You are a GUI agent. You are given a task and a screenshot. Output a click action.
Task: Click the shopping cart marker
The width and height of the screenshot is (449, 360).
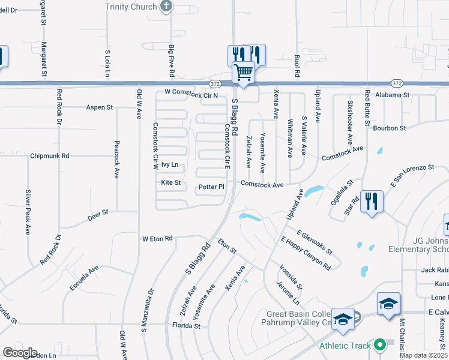[244, 72]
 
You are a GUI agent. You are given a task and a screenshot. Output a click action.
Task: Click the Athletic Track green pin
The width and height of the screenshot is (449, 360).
[379, 346]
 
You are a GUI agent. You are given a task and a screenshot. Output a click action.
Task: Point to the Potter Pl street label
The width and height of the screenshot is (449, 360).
[211, 187]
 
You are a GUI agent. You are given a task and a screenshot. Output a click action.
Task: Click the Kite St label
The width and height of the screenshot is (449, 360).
[170, 182]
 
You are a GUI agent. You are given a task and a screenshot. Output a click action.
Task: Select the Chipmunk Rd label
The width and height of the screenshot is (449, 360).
[50, 156]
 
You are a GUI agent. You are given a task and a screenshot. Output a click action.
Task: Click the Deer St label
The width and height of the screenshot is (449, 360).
[97, 212]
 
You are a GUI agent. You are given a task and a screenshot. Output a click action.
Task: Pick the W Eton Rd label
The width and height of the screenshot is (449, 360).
[157, 239]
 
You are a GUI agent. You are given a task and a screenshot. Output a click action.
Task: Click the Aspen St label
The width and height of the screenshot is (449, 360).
[100, 107]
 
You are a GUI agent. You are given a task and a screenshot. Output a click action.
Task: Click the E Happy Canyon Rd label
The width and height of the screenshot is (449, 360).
[306, 253]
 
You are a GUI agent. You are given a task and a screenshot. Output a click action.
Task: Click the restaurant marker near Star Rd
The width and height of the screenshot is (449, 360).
[372, 202]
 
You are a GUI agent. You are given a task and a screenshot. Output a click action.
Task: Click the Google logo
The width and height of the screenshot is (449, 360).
[20, 353]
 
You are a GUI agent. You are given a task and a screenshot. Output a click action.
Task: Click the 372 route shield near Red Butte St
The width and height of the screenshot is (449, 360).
[395, 83]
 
